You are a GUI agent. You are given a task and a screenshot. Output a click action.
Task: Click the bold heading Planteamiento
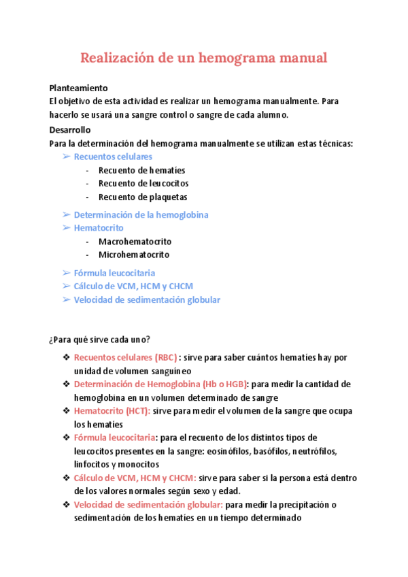(79, 88)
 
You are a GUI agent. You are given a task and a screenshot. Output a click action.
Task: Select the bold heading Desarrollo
(70, 129)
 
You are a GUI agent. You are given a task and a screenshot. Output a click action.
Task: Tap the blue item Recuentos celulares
(113, 156)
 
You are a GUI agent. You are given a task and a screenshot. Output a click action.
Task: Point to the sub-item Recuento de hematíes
(141, 170)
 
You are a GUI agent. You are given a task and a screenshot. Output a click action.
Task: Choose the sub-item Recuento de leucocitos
(143, 183)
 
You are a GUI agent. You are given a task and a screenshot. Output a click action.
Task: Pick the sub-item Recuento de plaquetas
(143, 197)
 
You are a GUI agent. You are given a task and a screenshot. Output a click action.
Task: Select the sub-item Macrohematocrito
(135, 242)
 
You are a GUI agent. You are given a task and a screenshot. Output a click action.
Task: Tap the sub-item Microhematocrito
(134, 254)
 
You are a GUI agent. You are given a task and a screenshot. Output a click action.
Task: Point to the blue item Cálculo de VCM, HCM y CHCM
(133, 286)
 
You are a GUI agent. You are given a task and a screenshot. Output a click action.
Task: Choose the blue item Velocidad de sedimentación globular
(147, 299)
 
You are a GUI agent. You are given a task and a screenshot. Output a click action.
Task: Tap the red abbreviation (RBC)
(165, 358)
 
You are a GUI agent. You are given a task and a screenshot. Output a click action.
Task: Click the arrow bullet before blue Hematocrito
(67, 228)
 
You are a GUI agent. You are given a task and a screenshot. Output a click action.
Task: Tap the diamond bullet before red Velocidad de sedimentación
(66, 504)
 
